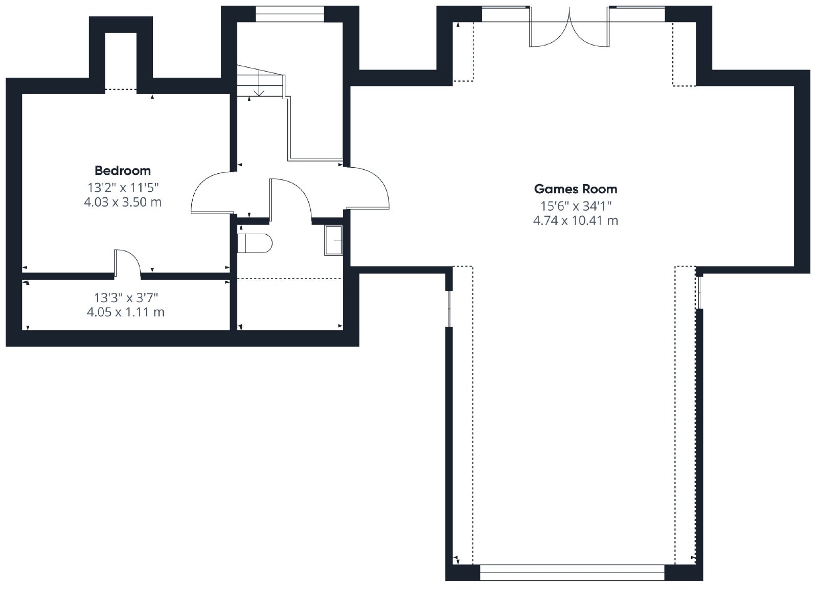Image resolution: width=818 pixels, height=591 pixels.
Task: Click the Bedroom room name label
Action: (123, 171)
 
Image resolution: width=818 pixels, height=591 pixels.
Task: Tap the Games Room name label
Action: (576, 189)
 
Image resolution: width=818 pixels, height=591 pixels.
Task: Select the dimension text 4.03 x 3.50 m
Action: (123, 202)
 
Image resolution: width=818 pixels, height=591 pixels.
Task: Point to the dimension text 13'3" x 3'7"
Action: (126, 298)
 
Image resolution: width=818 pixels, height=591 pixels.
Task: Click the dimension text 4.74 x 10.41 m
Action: (576, 221)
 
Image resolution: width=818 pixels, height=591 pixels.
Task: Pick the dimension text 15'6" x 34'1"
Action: (576, 207)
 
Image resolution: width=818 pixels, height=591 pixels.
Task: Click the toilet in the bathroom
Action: (255, 243)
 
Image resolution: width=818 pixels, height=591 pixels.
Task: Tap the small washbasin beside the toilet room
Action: (333, 240)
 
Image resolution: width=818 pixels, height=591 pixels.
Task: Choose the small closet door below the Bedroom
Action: (127, 262)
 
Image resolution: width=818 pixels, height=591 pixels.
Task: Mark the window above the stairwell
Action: (289, 14)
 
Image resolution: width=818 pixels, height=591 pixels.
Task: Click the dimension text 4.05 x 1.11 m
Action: (126, 312)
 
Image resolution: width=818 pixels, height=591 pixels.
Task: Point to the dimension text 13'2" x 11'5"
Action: (123, 188)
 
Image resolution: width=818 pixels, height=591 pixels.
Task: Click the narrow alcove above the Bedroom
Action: (121, 61)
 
